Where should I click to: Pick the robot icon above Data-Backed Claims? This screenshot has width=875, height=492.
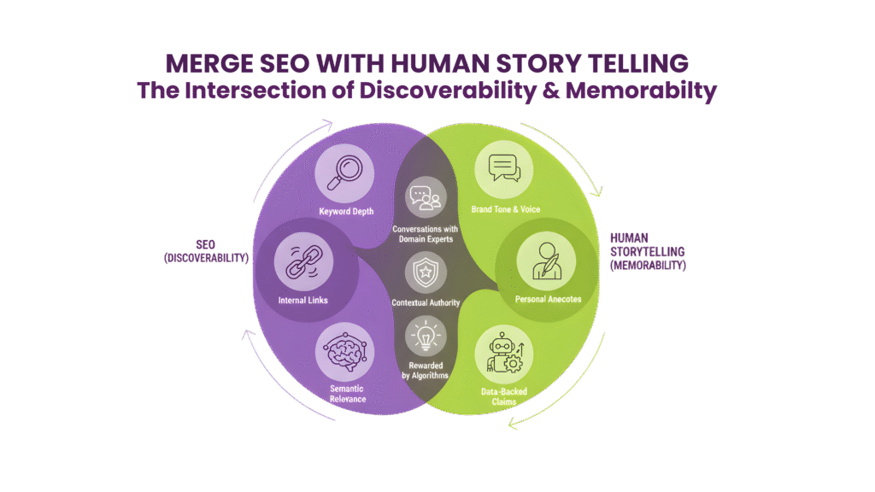[x=504, y=354]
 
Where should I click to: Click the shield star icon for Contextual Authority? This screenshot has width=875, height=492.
[x=424, y=273]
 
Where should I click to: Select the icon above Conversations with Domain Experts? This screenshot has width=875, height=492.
[x=424, y=197]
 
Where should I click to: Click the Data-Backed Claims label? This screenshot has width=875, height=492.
[x=504, y=396]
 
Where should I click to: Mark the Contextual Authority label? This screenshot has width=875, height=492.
[x=425, y=302]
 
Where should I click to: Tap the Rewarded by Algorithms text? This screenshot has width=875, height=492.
[x=425, y=370]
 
